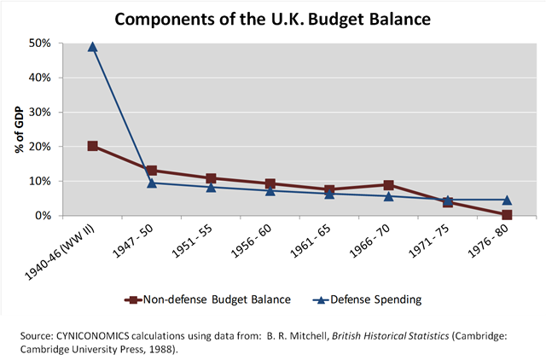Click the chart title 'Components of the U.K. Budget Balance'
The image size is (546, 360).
point(272,17)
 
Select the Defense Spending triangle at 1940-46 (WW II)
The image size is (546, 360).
point(93,47)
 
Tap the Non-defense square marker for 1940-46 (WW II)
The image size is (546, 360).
point(93,146)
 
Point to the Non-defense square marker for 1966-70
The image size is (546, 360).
point(389,185)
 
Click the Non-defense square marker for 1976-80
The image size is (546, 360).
point(508,215)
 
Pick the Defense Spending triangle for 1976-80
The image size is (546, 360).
point(508,200)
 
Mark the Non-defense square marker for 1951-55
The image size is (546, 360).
point(212,178)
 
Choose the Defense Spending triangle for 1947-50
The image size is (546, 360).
point(152,183)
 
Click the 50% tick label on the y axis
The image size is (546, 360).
point(41,43)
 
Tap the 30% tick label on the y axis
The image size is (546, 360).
point(41,112)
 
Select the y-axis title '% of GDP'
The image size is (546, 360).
point(18,130)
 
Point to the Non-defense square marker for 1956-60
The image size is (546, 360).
point(270,183)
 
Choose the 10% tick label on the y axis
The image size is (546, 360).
point(41,181)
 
